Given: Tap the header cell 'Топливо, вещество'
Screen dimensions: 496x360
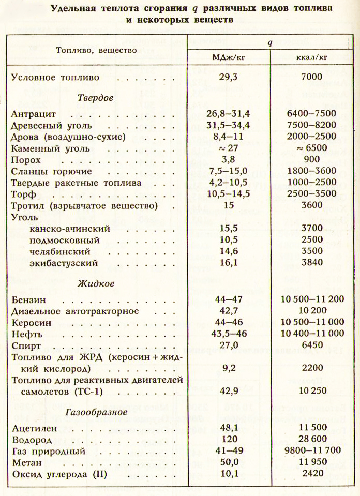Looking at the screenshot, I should point(96,50).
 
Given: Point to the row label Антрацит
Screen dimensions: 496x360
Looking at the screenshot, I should point(31,113).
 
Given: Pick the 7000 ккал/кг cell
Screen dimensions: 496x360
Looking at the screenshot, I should point(310,79).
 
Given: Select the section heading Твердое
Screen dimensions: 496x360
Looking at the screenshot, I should point(95,97).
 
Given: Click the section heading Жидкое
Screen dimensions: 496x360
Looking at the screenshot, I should point(96,283).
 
